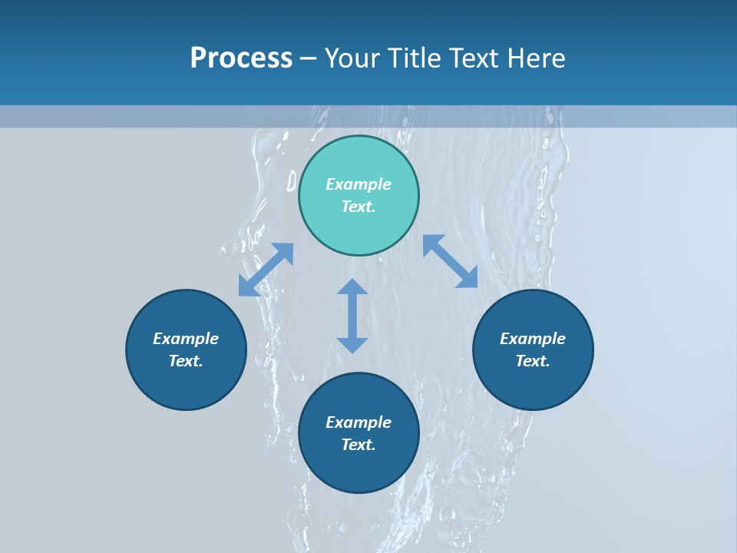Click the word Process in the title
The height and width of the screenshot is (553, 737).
click(x=241, y=58)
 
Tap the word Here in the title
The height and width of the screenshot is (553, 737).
click(x=535, y=58)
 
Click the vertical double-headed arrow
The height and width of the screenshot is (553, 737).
click(x=352, y=316)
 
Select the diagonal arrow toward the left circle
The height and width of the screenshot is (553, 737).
click(x=266, y=270)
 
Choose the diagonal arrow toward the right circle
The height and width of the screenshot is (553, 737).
click(x=450, y=261)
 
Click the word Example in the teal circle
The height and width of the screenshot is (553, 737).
click(x=359, y=184)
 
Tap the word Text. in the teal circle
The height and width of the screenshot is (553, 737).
click(x=359, y=207)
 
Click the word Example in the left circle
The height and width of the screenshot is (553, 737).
click(x=186, y=339)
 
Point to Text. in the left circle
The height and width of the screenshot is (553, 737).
click(x=186, y=361)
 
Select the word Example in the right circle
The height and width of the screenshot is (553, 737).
click(x=533, y=339)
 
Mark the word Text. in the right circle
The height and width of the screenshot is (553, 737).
click(x=533, y=361)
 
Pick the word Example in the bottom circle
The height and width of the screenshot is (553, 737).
click(x=359, y=422)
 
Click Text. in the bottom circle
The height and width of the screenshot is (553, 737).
click(x=359, y=445)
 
